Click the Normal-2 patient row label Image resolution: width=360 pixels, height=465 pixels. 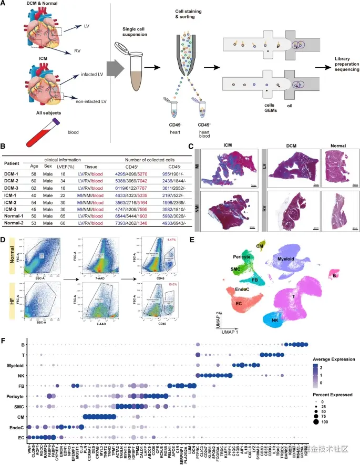[x=16, y=222]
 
